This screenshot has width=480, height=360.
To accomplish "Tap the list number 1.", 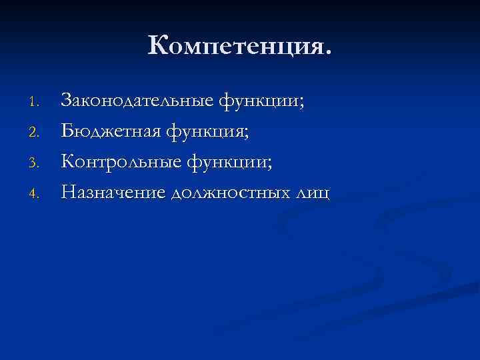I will (x=37, y=103).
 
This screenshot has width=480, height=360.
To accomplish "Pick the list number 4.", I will (x=37, y=193).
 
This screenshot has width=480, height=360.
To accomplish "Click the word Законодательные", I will (x=137, y=101).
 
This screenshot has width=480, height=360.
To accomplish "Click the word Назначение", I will (x=113, y=193).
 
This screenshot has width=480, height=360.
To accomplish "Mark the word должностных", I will (x=231, y=193).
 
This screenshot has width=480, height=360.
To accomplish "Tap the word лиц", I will (x=313, y=193).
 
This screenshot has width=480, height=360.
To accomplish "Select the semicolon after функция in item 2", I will (x=247, y=135).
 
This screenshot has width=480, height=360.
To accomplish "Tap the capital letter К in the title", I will (x=160, y=46).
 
